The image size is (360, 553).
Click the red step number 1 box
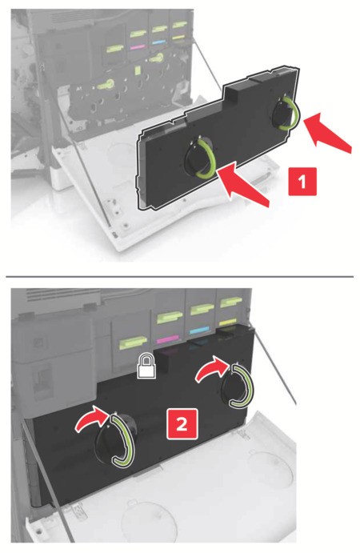point(302,182)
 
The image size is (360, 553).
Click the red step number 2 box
point(182,424)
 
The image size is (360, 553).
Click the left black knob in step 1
point(199,157)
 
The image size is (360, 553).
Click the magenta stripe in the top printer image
point(138,46)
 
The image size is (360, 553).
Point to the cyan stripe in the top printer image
point(159,42)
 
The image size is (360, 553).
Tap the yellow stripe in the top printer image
point(179,37)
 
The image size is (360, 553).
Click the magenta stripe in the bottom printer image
point(168,339)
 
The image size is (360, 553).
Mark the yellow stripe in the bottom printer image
point(228,322)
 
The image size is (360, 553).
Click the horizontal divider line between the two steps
point(179,277)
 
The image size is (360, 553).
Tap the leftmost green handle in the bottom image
point(133,342)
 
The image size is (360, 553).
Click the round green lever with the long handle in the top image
point(106,84)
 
